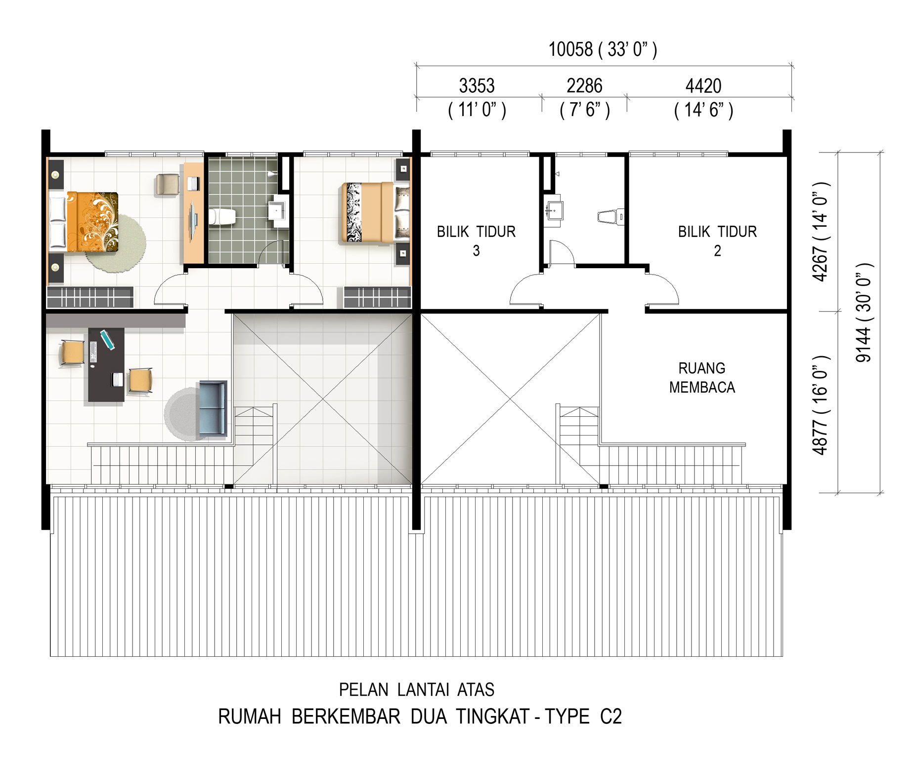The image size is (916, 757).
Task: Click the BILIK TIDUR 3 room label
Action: [x=476, y=240]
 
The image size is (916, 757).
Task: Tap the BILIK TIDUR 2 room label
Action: [x=717, y=240]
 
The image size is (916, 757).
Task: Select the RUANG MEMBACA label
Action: [x=702, y=378]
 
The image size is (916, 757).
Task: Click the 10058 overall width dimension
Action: [x=570, y=49]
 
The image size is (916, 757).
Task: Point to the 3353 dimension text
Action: [x=477, y=86]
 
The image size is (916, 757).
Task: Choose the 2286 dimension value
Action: [x=584, y=86]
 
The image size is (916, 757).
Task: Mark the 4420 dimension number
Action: [x=703, y=86]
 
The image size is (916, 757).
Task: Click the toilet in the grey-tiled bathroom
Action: [x=222, y=217]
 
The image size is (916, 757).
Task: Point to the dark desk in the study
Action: [x=106, y=364]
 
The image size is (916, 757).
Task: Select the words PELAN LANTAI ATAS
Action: [x=416, y=689]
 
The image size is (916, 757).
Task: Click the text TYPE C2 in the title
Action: [x=583, y=717]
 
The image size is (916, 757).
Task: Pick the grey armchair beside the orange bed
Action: [x=167, y=185]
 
